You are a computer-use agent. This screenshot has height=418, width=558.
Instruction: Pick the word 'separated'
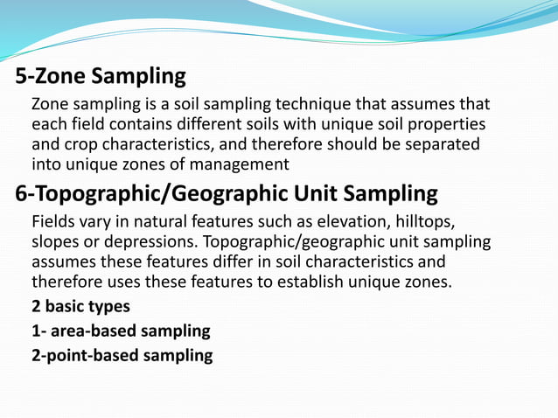439,144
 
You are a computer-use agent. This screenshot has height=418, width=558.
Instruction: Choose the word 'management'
236,164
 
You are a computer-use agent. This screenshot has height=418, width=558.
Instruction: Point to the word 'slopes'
57,240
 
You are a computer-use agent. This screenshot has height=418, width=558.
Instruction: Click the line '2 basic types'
80,307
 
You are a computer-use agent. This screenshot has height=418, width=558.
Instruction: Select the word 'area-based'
95,331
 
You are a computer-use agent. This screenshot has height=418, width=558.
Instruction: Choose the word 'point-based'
98,356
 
